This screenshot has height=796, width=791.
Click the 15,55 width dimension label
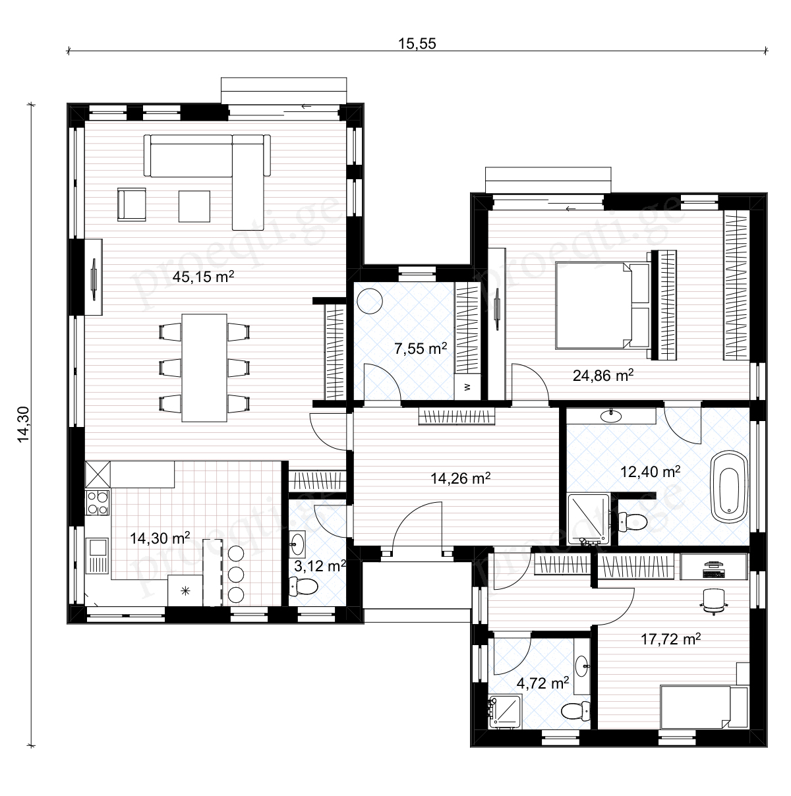(x=417, y=43)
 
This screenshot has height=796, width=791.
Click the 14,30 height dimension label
(x=24, y=424)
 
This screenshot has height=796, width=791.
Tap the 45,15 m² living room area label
(x=203, y=276)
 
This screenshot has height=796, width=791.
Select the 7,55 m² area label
(x=421, y=348)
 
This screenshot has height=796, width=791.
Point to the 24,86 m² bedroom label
(x=603, y=375)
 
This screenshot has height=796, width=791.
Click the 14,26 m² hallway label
(x=460, y=478)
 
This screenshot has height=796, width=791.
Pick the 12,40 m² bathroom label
(x=651, y=471)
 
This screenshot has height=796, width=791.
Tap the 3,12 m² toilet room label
(x=320, y=565)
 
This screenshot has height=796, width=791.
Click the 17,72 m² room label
(x=671, y=639)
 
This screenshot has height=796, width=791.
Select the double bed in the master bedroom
(x=603, y=305)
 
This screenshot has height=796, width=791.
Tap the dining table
(x=204, y=368)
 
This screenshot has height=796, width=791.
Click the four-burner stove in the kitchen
(x=98, y=502)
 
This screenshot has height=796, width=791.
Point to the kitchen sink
(x=97, y=555)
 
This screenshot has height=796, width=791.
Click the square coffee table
(x=194, y=206)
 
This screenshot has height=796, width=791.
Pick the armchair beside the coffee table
(x=131, y=204)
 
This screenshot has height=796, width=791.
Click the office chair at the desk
(x=714, y=602)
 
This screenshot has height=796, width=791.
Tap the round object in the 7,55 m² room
(x=370, y=301)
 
